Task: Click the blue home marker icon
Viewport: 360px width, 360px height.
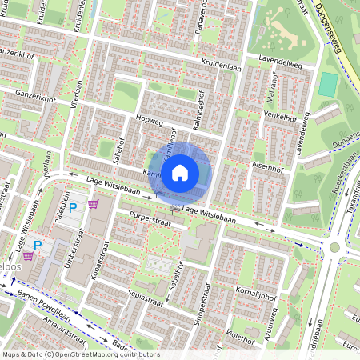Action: [x=181, y=171]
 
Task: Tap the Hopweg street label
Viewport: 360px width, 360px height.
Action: [x=150, y=122]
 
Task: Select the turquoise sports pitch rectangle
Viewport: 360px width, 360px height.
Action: [x=328, y=83]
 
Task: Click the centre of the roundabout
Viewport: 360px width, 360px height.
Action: [x=334, y=247]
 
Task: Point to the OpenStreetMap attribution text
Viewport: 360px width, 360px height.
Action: [x=80, y=354]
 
